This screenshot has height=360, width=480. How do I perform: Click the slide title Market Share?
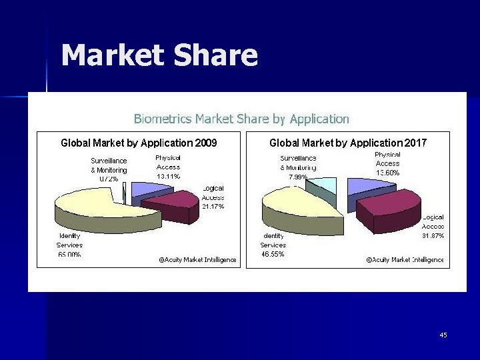pos(159,56)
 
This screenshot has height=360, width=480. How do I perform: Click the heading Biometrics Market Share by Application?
pos(241,119)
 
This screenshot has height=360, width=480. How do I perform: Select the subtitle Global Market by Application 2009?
pos(139,143)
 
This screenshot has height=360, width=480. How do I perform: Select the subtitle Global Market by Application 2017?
pos(347,143)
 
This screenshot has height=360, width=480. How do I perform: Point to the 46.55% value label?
pos(273,254)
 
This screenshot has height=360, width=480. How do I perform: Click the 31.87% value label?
pos(433,236)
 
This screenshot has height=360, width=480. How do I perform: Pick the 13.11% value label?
pos(168,176)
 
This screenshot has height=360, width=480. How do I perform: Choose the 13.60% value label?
pos(387,173)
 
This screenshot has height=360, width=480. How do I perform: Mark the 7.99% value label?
pos(298,177)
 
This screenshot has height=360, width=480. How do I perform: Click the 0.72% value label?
pos(109,179)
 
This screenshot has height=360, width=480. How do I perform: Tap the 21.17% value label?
pos(213,207)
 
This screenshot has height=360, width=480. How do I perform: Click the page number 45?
pos(443,335)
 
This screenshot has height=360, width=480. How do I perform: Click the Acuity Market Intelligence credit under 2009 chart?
pos(197,260)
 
